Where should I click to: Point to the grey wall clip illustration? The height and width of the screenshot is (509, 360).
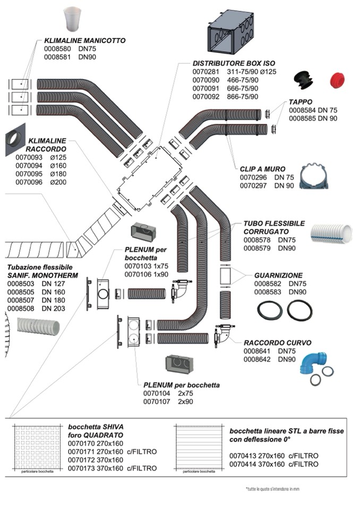(x=316, y=178)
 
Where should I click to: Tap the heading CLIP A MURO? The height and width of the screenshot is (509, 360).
(x=262, y=169)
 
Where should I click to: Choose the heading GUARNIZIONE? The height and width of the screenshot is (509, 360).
(x=278, y=275)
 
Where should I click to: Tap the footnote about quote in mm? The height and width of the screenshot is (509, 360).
(x=272, y=489)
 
